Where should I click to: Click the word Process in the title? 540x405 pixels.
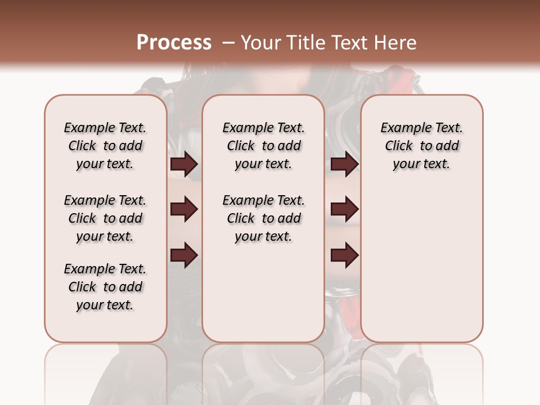click(174, 43)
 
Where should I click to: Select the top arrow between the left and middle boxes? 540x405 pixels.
click(184, 164)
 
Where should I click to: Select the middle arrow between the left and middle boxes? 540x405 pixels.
click(184, 210)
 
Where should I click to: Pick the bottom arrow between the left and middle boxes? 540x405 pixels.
click(184, 255)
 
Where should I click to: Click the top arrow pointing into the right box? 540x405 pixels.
click(344, 164)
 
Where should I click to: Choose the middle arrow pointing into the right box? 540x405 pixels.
click(344, 210)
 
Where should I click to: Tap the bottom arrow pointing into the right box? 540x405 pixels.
click(344, 255)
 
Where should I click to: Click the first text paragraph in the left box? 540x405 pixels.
click(105, 146)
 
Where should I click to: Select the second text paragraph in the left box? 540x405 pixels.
click(105, 218)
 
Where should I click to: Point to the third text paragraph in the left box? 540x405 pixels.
click(105, 287)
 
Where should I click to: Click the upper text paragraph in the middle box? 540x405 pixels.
click(263, 146)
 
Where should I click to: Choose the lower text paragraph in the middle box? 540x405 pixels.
click(263, 218)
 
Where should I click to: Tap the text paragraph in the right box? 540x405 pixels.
click(422, 146)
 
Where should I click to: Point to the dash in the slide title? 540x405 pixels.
click(228, 43)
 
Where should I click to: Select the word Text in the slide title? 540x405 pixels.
click(349, 43)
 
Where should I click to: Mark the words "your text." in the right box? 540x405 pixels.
click(422, 164)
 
